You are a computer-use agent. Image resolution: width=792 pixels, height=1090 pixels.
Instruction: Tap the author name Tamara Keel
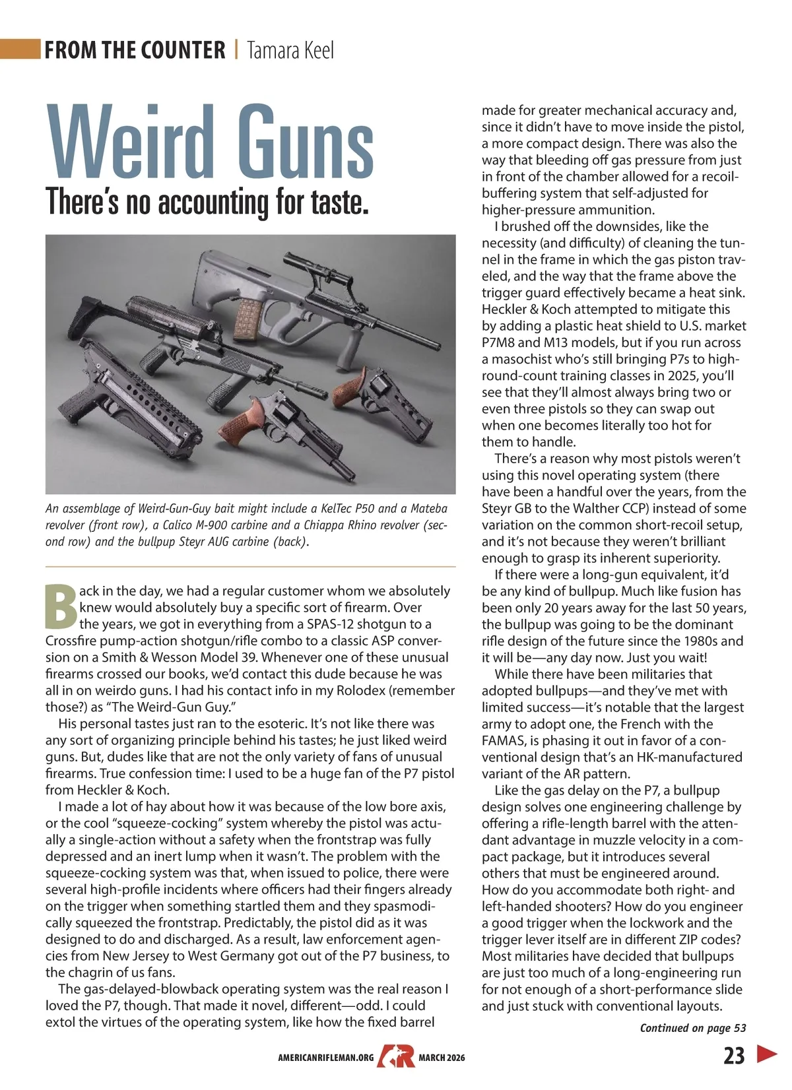pyautogui.click(x=290, y=50)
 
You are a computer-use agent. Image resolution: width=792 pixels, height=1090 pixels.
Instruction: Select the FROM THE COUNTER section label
pyautogui.click(x=135, y=50)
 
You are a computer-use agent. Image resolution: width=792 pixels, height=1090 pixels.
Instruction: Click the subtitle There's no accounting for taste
pyautogui.click(x=207, y=201)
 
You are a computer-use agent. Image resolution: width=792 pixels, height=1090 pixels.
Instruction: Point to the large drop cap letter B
pyautogui.click(x=61, y=606)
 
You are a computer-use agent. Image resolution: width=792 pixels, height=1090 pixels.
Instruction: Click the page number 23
pyautogui.click(x=734, y=1056)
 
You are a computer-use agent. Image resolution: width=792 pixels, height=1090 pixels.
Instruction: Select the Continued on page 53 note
pyautogui.click(x=693, y=1028)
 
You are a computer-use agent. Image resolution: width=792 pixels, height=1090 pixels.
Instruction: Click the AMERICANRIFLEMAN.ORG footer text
pyautogui.click(x=326, y=1058)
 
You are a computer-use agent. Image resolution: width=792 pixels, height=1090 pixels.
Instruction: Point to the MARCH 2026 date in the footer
pyautogui.click(x=442, y=1058)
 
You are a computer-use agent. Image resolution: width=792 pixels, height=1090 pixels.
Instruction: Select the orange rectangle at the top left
pyautogui.click(x=20, y=49)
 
